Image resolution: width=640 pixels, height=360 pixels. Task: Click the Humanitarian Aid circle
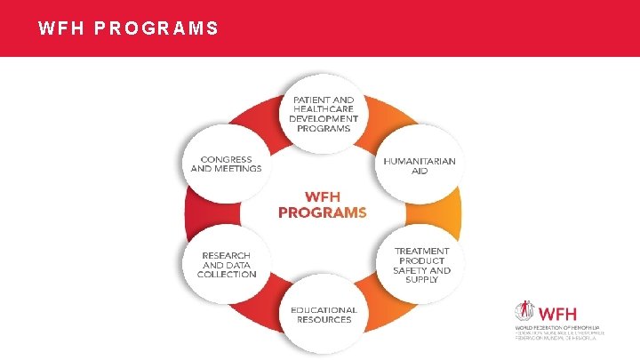[420, 165]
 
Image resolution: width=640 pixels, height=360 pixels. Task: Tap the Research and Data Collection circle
[226, 263]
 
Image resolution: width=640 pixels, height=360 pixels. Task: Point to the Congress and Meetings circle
[226, 164]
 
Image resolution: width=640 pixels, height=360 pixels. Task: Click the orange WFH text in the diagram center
[322, 196]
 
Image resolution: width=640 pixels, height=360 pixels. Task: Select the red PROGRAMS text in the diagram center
[322, 212]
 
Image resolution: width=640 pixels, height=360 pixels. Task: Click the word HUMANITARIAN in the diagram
[420, 161]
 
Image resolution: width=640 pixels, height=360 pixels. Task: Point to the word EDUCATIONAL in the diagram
[324, 310]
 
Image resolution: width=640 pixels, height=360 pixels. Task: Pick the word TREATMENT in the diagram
[422, 251]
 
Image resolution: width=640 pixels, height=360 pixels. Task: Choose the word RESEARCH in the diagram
[227, 255]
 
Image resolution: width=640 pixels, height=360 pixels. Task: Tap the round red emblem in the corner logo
[525, 313]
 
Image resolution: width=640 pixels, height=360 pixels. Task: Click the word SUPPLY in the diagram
[421, 280]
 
